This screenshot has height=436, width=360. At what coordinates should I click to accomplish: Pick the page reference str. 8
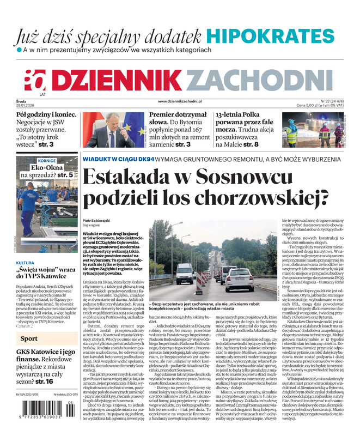248,145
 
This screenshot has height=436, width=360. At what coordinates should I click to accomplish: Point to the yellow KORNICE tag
47,161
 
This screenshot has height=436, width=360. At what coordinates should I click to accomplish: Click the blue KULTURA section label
25,263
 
